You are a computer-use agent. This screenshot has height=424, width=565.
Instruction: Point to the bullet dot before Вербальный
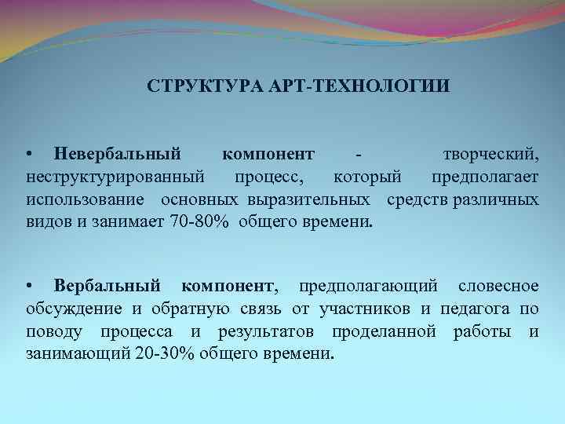click(x=29, y=284)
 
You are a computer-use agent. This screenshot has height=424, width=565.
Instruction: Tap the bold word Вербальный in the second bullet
click(x=108, y=284)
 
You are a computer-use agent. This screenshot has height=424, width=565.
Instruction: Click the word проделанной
click(x=384, y=331)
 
